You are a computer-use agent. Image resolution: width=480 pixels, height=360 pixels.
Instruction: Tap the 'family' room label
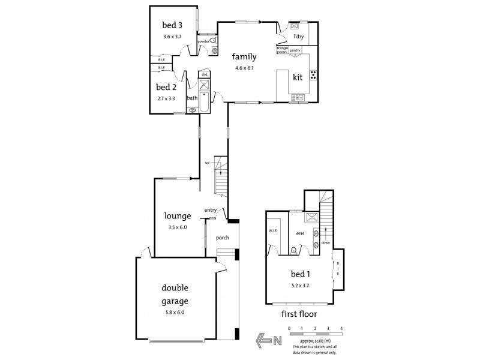pos(245,58)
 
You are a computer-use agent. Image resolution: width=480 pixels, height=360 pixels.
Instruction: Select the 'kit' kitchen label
pos(297,77)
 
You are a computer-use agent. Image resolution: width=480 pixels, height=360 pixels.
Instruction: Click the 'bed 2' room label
pos(166,86)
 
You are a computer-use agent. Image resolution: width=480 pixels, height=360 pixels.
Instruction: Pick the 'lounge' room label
pos(178,216)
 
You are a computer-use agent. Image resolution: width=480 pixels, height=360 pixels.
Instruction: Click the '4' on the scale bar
pos(341,328)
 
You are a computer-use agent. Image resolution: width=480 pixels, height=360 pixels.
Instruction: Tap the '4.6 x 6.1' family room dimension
pos(245,68)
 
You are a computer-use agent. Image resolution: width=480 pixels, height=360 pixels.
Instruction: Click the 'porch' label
pos(223,238)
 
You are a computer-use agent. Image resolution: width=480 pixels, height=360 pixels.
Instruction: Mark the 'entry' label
pos(210,209)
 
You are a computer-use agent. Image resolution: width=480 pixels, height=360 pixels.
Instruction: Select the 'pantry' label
pos(295,51)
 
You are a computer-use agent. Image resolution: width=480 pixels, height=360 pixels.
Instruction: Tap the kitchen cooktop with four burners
pos(313,75)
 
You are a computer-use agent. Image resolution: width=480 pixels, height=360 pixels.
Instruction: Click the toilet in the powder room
pos(212,41)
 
